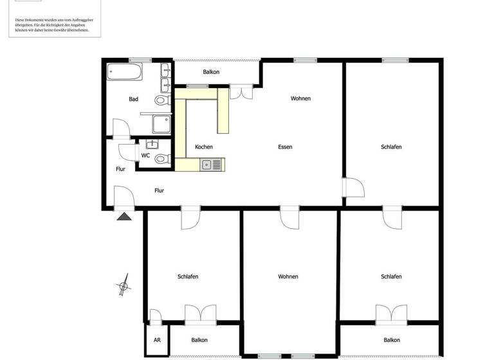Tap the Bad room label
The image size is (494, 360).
click(133, 99)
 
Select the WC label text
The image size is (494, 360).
click(145, 156)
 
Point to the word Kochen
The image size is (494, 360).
click(203, 147)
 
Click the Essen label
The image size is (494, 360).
click(285, 147)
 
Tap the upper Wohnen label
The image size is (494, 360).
click(300, 98)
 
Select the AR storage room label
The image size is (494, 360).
click(156, 340)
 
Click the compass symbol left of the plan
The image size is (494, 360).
click(123, 285)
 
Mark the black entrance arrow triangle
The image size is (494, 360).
click(124, 217)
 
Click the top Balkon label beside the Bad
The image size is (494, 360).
click(211, 72)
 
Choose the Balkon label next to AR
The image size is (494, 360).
click(199, 340)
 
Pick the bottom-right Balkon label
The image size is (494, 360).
click(392, 340)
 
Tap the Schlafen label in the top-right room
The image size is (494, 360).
click(391, 147)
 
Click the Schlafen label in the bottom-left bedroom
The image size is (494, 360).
click(188, 276)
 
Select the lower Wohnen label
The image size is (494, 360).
click(288, 276)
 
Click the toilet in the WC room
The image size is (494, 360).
click(161, 159)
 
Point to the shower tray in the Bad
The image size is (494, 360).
click(161, 123)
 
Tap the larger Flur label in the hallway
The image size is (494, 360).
click(159, 190)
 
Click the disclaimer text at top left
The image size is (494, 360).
click(52, 25)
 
